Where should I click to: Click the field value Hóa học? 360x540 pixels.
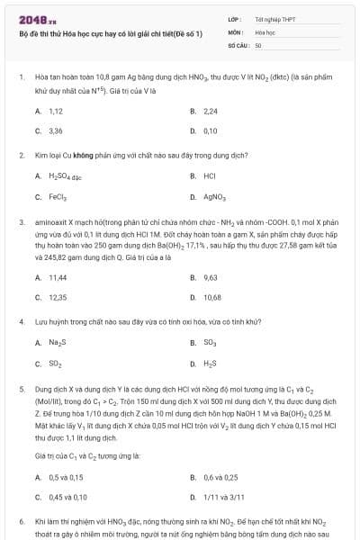tap(265, 31)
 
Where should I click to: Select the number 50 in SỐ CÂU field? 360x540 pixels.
tap(258, 44)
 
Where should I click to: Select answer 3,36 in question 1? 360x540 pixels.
tap(56, 130)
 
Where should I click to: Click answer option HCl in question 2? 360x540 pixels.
tap(210, 176)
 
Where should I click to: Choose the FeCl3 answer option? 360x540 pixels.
tap(58, 196)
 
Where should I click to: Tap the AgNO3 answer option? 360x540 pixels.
tap(214, 196)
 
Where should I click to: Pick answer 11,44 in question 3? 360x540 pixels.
tap(58, 277)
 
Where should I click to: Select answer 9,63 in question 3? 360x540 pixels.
tap(211, 277)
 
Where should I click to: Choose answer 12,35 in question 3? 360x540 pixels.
tap(58, 297)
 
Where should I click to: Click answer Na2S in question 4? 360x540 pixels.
tap(57, 343)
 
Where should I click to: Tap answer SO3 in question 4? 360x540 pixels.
tap(210, 343)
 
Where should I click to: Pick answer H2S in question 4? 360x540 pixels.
tap(211, 363)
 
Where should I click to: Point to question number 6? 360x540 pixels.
tap(22, 521)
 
